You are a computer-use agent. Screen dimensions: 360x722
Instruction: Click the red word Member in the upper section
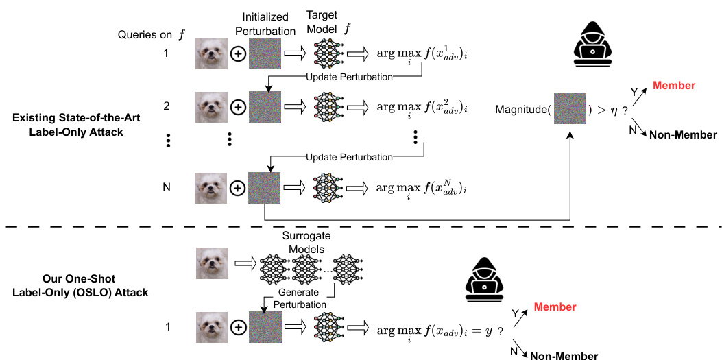(x=674, y=86)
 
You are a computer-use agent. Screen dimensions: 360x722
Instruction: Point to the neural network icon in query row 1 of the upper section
(x=328, y=52)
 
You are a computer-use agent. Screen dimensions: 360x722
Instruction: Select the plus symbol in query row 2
(x=238, y=108)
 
